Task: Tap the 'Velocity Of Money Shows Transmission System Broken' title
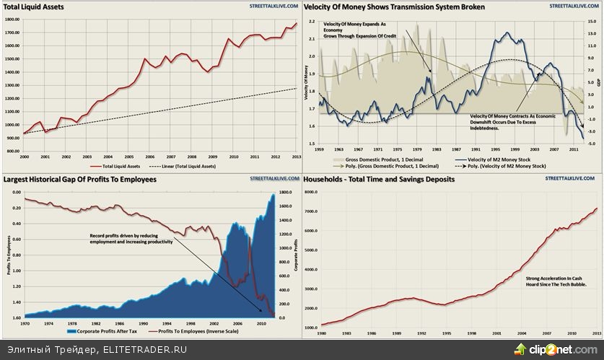(394, 6)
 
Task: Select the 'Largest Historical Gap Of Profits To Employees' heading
(80, 179)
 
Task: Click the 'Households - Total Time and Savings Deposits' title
(379, 179)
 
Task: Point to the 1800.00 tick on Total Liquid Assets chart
(12, 20)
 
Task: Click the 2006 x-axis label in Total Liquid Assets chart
(149, 157)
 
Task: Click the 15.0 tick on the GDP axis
(591, 22)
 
